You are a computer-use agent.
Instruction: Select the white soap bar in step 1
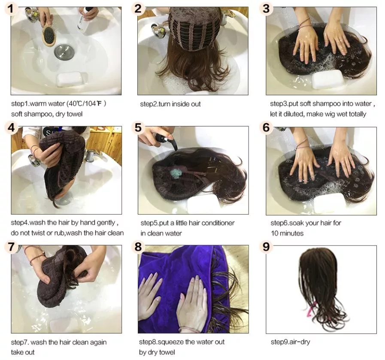coord(71,79)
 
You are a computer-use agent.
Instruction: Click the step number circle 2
coord(138,9)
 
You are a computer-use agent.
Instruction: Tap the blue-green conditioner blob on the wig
coord(176,172)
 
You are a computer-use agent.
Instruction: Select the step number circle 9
coord(266,247)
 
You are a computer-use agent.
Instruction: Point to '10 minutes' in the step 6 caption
coord(287,233)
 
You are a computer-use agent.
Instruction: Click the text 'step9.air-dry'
coord(290,342)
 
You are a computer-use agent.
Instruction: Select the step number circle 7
coord(11,247)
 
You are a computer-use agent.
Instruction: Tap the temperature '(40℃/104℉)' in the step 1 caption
coord(86,103)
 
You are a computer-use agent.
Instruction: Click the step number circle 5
coord(138,127)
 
